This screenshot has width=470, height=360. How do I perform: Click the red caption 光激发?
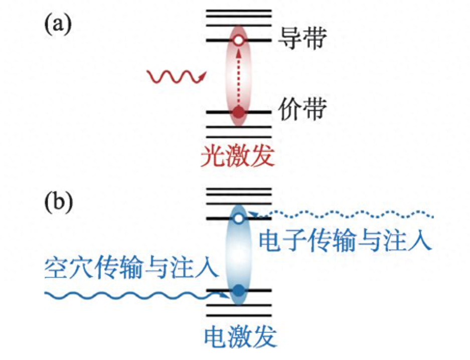238,157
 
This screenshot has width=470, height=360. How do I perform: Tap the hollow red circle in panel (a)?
239,40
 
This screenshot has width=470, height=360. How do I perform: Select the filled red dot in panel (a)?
239,111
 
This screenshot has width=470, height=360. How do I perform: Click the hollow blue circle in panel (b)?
239,218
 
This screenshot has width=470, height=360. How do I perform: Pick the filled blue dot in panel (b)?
239,290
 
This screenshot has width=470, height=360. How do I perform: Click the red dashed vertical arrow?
239,75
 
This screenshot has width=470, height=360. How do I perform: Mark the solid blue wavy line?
135,295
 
